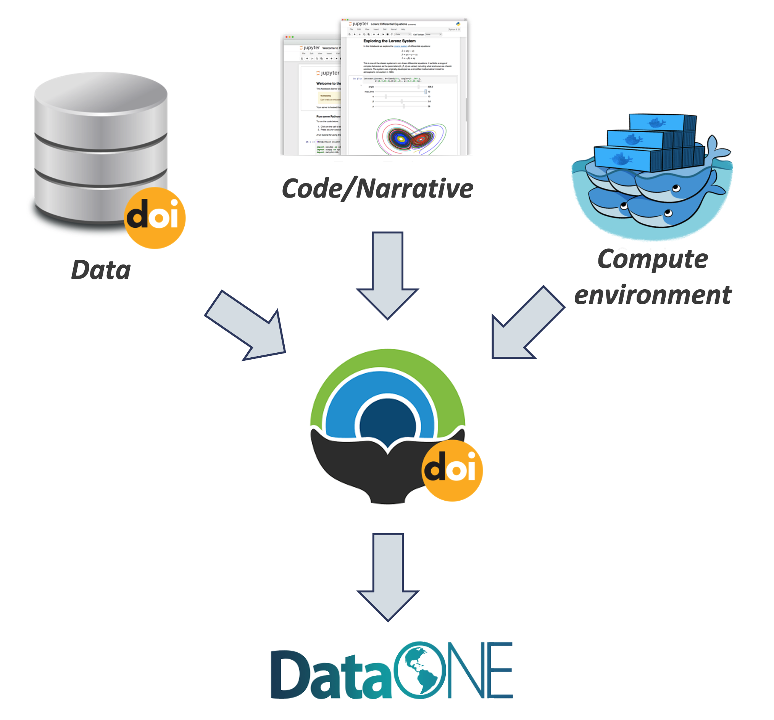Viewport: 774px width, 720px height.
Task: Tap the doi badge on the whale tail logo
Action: coord(452,470)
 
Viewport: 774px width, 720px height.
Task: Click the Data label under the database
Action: coord(101,269)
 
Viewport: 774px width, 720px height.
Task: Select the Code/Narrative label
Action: coord(377,188)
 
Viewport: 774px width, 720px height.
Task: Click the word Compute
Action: coord(653,259)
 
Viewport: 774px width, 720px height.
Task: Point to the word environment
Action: coord(653,295)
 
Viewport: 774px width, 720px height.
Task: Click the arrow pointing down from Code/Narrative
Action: coord(387,273)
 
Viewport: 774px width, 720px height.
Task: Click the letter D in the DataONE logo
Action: coord(290,674)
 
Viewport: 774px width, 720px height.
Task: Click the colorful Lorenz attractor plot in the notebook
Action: coord(411,137)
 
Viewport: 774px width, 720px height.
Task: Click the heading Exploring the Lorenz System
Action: coord(389,41)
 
